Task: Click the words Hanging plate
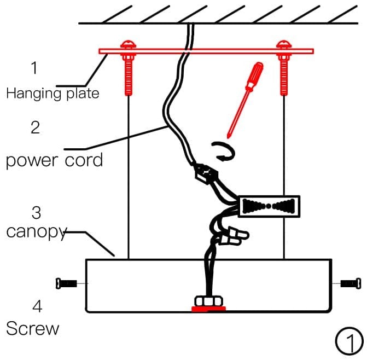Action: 53,93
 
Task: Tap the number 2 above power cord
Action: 35,127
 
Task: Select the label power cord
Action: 54,161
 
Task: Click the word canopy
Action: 36,232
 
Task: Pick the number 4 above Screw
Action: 36,306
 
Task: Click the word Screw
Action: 32,328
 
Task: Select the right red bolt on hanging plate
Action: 283,68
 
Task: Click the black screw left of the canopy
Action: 67,283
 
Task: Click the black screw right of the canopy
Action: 350,283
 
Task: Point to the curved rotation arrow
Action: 223,152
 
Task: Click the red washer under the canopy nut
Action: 208,309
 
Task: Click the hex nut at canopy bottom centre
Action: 208,301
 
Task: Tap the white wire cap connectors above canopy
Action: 235,236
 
